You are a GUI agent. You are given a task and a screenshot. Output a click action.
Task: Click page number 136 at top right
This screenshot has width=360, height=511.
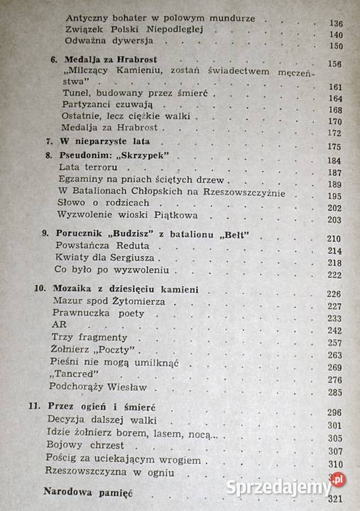[x=336, y=24]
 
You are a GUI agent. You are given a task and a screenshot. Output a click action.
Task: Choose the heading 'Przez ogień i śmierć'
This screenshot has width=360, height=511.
[x=109, y=410]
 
